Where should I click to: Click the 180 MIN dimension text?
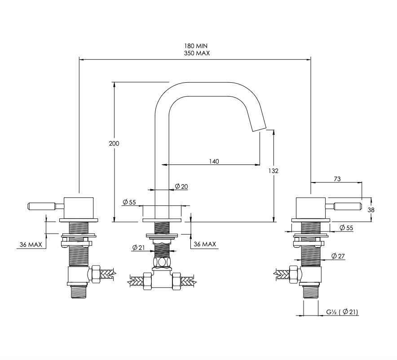[196, 46]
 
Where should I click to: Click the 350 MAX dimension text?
[197, 53]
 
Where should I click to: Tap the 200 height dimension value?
[114, 143]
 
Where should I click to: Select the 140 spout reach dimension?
[214, 161]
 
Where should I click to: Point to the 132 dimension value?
[273, 171]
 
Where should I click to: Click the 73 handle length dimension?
[337, 179]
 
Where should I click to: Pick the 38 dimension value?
[371, 210]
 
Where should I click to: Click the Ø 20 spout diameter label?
[181, 187]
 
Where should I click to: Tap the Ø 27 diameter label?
[338, 256]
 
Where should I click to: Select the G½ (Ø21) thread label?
[342, 312]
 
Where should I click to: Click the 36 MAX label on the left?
[31, 245]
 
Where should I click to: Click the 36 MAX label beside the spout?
[205, 244]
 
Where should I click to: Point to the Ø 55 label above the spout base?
[129, 202]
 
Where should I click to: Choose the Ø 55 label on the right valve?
[346, 227]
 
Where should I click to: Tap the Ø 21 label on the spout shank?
[138, 247]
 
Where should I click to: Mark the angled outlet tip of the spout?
[259, 129]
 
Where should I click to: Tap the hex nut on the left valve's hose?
[96, 274]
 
